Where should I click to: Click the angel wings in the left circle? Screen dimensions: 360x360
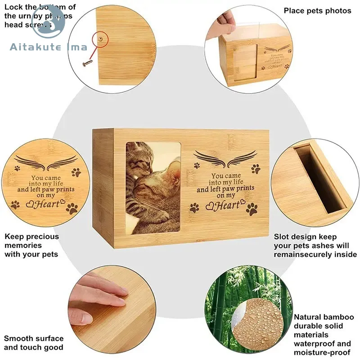point(45,161)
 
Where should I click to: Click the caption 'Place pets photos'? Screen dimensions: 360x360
point(317,10)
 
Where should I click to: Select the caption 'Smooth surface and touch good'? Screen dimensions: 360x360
point(34,343)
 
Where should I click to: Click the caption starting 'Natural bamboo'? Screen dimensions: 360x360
point(324,335)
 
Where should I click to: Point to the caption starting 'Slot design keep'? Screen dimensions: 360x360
point(315,246)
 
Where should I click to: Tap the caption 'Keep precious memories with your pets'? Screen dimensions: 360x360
point(31,245)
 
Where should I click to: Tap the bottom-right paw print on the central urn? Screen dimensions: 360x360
point(253,208)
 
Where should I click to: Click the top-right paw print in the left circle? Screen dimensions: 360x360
point(75,172)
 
